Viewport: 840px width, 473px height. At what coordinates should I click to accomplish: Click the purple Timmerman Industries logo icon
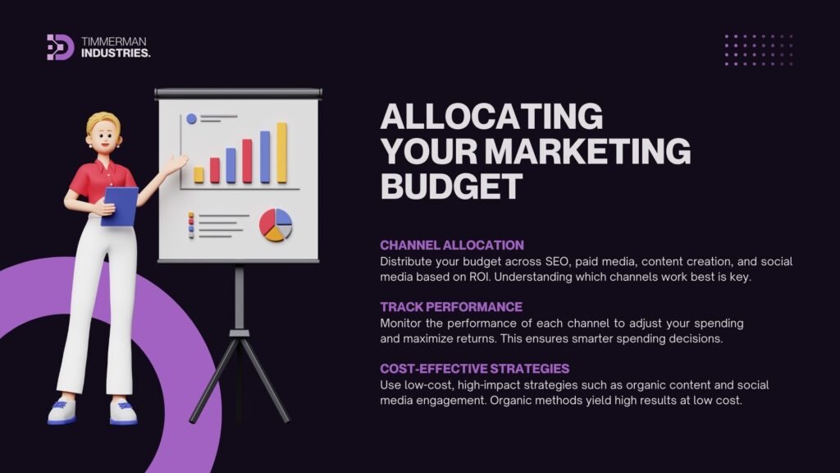[x=60, y=47]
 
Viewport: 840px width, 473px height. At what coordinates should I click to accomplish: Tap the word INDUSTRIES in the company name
[x=116, y=53]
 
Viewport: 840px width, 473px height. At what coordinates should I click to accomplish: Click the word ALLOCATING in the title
[x=491, y=116]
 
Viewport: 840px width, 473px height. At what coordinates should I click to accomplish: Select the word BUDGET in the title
[x=451, y=186]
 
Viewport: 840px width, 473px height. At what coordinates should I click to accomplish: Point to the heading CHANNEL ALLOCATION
[x=452, y=245]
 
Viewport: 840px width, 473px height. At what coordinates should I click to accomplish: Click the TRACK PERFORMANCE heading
[x=451, y=307]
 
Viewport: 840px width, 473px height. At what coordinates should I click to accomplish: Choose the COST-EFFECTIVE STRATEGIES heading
[x=475, y=369]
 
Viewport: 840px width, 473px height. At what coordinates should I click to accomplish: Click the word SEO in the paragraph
[x=557, y=262]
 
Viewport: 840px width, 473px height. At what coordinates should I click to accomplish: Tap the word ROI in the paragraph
[x=479, y=278]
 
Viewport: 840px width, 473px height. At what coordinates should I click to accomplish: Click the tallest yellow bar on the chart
[x=282, y=153]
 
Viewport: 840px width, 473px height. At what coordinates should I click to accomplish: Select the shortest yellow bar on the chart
[x=199, y=175]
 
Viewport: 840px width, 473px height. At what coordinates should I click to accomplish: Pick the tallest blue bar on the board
[x=265, y=157]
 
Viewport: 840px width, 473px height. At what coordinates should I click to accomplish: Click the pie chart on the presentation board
[x=276, y=225]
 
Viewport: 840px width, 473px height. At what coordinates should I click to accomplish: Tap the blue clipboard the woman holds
[x=121, y=205]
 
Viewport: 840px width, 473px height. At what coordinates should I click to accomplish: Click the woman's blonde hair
[x=103, y=122]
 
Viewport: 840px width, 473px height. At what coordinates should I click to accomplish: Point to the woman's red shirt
[x=102, y=182]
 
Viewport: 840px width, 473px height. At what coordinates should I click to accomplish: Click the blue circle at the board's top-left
[x=191, y=119]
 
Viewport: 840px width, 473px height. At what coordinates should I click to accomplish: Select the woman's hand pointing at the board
[x=177, y=163]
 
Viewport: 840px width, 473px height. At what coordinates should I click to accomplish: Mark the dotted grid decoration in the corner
[x=759, y=50]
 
